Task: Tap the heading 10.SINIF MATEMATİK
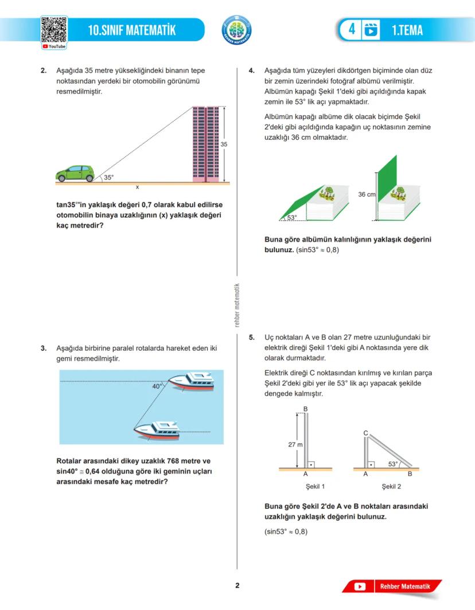[x=132, y=30]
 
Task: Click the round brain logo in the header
[x=236, y=30]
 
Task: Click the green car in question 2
[x=75, y=173]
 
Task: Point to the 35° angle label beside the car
[x=108, y=178]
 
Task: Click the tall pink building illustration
[x=205, y=144]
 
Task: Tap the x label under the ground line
[x=137, y=187]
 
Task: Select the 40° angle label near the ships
[x=157, y=386]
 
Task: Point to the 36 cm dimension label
[x=367, y=194]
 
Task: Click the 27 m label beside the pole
[x=295, y=444]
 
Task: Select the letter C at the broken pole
[x=365, y=433]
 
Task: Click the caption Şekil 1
[x=315, y=486]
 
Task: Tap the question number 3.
[x=44, y=348]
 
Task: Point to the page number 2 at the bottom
[x=237, y=585]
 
